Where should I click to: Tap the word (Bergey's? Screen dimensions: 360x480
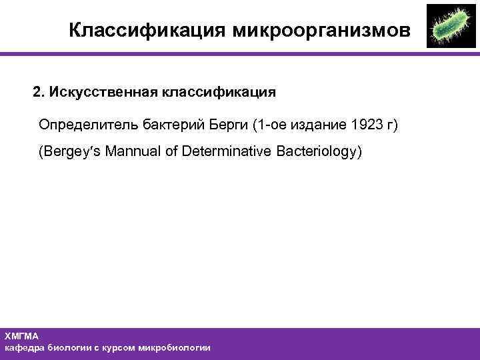68,151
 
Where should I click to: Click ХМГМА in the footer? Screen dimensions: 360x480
22,336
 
